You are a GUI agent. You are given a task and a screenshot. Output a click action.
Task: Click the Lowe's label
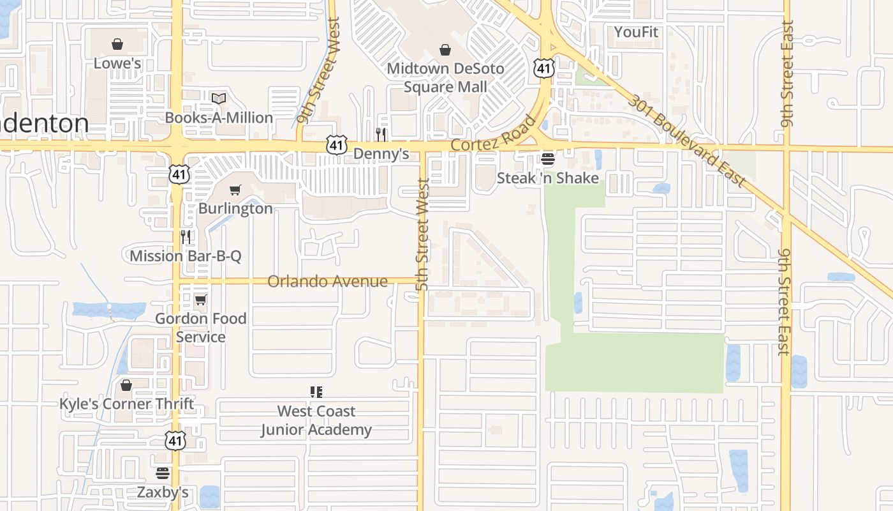[117, 63]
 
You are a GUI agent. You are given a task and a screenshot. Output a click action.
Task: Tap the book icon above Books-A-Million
[219, 98]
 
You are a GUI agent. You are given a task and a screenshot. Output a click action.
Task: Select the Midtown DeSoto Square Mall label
[445, 77]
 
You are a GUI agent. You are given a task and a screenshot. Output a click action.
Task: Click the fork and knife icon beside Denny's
[381, 134]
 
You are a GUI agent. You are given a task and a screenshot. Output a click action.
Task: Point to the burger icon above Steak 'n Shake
[547, 158]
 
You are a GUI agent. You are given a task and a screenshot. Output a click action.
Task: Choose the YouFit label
[636, 32]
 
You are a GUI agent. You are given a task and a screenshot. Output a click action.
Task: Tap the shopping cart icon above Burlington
[235, 190]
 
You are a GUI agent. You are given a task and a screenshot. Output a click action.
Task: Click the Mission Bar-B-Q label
[186, 256]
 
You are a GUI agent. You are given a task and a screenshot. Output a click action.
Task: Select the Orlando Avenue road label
[327, 281]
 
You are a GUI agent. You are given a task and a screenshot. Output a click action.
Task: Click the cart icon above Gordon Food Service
[201, 300]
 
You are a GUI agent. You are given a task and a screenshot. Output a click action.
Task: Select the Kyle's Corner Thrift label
[126, 404]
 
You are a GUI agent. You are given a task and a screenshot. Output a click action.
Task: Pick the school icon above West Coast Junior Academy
[316, 392]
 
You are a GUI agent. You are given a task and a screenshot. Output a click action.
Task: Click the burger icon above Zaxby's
[163, 473]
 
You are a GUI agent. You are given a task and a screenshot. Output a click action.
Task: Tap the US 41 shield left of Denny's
[337, 145]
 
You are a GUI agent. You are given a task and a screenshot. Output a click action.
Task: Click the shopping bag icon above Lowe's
[117, 44]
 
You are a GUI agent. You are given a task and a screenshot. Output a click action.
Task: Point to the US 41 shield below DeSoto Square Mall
[543, 68]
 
